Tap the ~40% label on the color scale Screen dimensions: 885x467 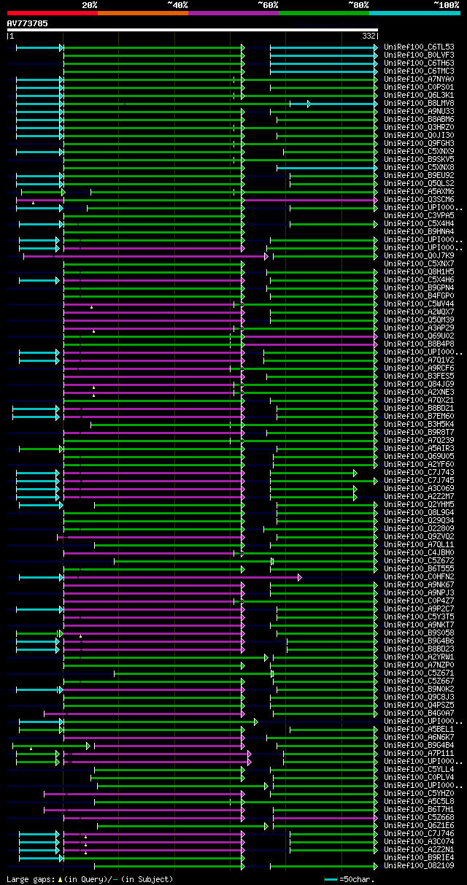pos(177,5)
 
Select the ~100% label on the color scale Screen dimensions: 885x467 pos(446,5)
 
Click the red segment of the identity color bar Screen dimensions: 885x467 pos(52,13)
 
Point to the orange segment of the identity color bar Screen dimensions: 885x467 pos(142,13)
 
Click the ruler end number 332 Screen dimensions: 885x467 pos(368,36)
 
